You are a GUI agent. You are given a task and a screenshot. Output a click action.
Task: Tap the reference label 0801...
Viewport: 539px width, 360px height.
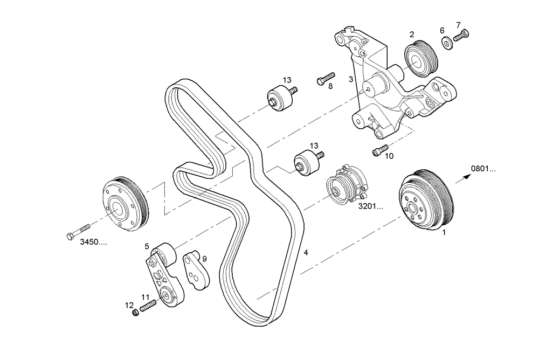tap(483, 169)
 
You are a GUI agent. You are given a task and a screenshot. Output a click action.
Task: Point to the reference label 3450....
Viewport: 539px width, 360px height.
tap(93, 242)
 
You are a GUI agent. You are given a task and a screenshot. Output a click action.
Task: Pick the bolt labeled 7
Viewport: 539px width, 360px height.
tap(462, 36)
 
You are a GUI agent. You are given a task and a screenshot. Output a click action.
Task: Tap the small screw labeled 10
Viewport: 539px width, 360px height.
tap(380, 150)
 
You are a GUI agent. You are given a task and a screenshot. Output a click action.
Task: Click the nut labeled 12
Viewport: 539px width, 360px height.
tap(136, 313)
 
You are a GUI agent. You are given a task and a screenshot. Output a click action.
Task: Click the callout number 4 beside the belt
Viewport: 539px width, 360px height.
tap(306, 252)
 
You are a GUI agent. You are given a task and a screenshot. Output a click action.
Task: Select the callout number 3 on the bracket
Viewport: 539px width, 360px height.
tap(351, 79)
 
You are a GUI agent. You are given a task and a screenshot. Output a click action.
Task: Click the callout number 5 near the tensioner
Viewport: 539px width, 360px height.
tap(147, 246)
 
